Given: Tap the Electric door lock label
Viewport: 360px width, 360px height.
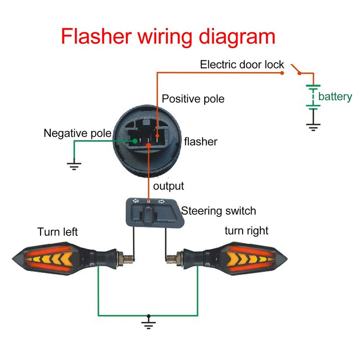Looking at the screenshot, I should point(242,65).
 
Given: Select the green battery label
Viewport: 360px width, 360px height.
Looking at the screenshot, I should point(335,96).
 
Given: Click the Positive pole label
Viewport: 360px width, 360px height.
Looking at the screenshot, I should point(193,99).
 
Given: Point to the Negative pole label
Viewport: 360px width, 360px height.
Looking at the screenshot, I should point(77,133).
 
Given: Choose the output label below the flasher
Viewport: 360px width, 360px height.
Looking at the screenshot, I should point(169,186).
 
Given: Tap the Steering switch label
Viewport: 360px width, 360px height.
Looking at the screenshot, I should point(218,211).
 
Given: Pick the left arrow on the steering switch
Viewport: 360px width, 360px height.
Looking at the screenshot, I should point(135,202).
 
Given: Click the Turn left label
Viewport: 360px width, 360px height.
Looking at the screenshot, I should point(58,232).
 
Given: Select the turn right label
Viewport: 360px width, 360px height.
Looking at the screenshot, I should point(246,231).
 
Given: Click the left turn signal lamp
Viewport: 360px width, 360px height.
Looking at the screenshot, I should point(58,259).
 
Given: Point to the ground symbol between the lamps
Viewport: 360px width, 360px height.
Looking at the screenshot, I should point(147,323).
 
